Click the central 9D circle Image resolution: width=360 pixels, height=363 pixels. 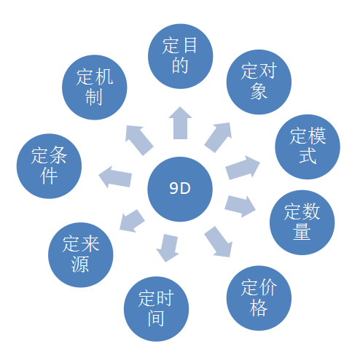(x=180, y=189)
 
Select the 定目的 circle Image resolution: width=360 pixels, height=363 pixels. (x=181, y=56)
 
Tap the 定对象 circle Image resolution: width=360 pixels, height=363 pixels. (x=259, y=82)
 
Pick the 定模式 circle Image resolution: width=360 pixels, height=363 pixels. (x=308, y=147)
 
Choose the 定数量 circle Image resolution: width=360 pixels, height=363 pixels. (x=302, y=222)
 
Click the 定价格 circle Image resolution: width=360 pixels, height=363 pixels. (x=259, y=298)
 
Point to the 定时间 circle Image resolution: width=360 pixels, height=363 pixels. (x=156, y=309)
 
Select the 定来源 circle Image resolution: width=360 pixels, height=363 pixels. (x=81, y=254)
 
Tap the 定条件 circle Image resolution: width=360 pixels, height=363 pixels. (x=49, y=166)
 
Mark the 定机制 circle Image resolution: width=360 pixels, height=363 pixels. (x=95, y=87)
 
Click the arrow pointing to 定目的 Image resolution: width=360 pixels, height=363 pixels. (x=180, y=123)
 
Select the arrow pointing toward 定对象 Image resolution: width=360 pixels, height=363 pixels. (x=218, y=137)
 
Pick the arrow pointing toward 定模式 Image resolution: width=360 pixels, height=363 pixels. (x=243, y=168)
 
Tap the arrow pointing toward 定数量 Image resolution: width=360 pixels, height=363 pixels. (x=240, y=206)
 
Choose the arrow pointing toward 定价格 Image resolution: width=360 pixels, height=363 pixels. (x=218, y=242)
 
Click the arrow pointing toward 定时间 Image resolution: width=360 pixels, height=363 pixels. (x=168, y=248)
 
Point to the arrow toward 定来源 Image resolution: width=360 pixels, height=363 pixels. (x=132, y=221)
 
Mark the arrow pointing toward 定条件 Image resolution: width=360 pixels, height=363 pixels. (x=115, y=177)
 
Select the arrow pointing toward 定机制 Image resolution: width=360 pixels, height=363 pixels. (x=139, y=140)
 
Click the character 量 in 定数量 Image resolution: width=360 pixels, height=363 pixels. (x=302, y=231)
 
